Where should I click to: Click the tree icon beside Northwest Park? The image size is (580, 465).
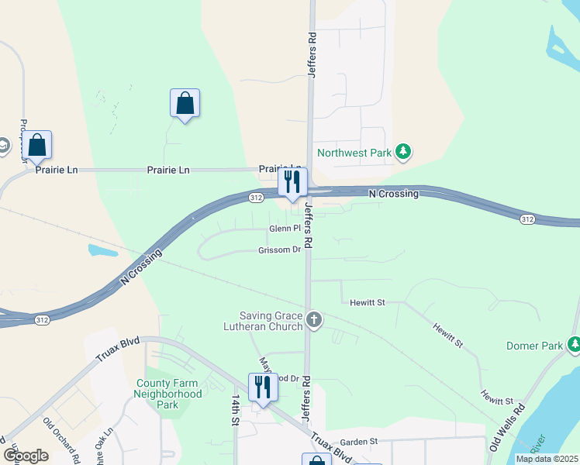[x=402, y=153]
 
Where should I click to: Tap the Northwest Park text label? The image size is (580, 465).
[x=354, y=153]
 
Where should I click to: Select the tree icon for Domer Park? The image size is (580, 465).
[x=575, y=345]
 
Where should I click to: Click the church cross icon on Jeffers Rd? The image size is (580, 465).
[x=314, y=319]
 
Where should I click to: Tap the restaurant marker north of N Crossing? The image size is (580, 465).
[x=292, y=183]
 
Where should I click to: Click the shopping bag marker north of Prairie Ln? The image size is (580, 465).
[x=185, y=103]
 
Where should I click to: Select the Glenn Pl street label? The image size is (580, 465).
[x=285, y=229]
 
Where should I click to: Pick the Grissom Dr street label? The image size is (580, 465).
[x=279, y=250]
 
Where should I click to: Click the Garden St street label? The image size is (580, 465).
[x=358, y=442]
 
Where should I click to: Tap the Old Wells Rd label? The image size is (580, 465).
[x=506, y=426]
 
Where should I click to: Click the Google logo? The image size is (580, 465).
[x=26, y=456]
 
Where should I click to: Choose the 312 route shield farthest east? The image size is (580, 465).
[x=527, y=219]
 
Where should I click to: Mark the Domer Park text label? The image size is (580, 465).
[x=534, y=346]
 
